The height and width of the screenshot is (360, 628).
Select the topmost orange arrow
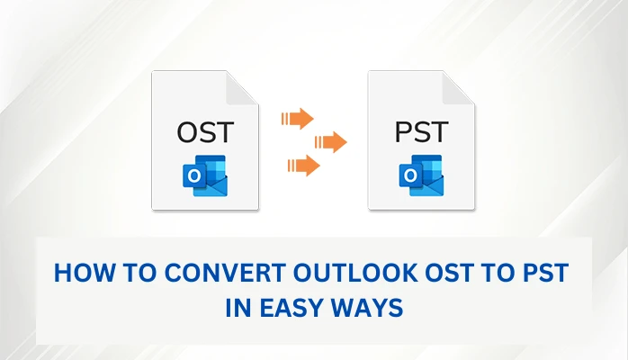(297, 118)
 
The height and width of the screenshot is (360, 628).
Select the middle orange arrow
(330, 141)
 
